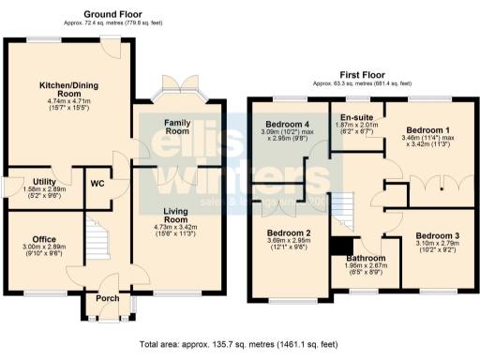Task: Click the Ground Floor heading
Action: coord(112,14)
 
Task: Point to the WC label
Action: coord(97,183)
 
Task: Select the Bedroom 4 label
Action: coord(285,125)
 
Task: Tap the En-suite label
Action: coord(356,118)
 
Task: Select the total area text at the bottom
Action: coord(239,346)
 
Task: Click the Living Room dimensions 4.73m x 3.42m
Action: coord(177,228)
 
